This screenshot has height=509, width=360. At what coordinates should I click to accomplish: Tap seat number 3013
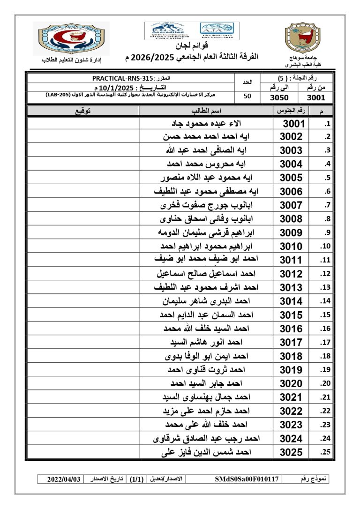(291, 287)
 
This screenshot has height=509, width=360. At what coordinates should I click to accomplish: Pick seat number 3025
(291, 452)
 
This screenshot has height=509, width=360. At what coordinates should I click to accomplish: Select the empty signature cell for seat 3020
(83, 383)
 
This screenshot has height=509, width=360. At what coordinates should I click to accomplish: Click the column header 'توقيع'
(83, 111)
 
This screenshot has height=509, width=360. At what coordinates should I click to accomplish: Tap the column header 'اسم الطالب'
(206, 111)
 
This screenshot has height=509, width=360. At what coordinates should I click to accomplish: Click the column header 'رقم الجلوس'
(290, 111)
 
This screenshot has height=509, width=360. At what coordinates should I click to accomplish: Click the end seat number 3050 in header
(280, 97)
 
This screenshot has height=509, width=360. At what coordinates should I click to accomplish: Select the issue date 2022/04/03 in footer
(65, 479)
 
